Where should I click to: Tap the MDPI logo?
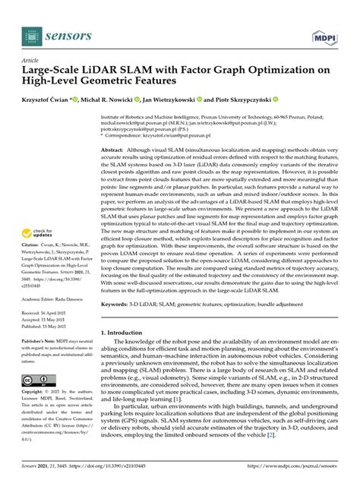[327, 36]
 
